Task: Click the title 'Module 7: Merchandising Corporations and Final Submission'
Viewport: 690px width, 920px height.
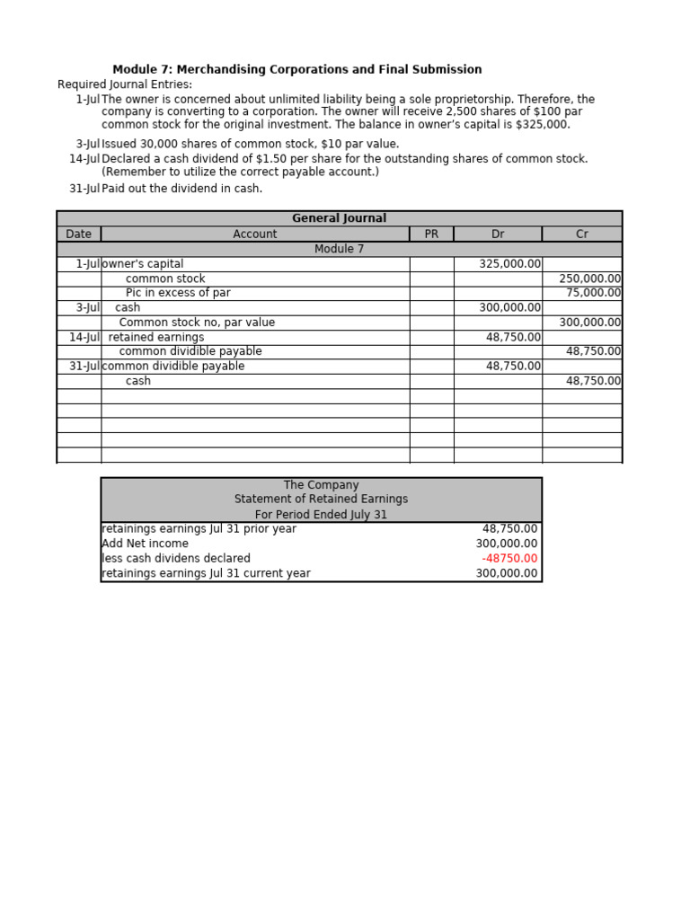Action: [296, 69]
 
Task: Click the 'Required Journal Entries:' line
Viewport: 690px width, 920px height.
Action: [125, 84]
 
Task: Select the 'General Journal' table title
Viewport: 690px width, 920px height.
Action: [339, 218]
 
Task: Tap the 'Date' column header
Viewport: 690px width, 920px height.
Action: [78, 234]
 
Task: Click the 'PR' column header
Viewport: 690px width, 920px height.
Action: [431, 234]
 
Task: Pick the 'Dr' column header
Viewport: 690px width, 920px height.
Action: [498, 234]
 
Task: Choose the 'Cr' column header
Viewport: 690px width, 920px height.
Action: [581, 234]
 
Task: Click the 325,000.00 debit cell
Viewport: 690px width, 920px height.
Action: [509, 264]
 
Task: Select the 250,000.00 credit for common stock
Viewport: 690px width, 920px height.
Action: [589, 279]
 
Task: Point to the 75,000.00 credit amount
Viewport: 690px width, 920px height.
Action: [593, 293]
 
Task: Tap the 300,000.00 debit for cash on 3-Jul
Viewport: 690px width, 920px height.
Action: [509, 307]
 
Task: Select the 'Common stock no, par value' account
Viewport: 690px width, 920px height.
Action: [197, 323]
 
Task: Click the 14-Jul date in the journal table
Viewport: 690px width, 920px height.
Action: [84, 337]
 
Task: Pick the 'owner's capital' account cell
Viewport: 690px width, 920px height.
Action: [143, 264]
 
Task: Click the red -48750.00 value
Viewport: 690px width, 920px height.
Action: [509, 558]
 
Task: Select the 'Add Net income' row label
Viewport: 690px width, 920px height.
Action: [145, 544]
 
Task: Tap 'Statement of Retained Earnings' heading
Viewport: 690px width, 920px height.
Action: [321, 499]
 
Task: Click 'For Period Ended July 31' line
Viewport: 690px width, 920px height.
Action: [321, 515]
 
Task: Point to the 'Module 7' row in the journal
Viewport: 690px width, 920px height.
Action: [339, 249]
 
